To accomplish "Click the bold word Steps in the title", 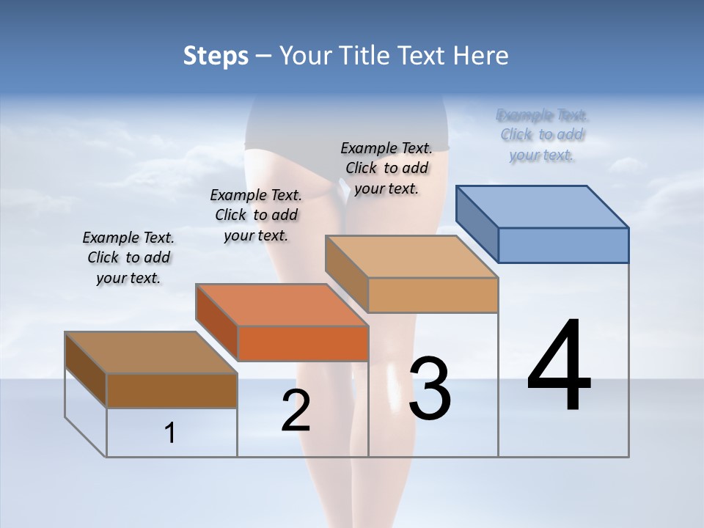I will [x=215, y=56].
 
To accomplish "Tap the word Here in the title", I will [x=480, y=56].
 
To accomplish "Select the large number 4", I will [x=559, y=367].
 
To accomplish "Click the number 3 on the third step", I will [x=430, y=389].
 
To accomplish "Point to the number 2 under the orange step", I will [x=296, y=411].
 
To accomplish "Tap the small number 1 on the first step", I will [x=170, y=433].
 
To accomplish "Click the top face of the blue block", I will [x=543, y=206].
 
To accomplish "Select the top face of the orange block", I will [x=282, y=305].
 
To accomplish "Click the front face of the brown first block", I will [x=172, y=391].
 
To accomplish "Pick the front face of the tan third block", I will [x=433, y=295].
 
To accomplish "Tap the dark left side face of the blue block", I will [x=477, y=224].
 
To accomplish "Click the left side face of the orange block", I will [x=217, y=322].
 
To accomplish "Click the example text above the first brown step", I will [x=128, y=258].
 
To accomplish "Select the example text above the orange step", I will [x=256, y=215].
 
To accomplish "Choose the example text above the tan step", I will [x=386, y=168].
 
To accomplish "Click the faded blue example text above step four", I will [x=542, y=135].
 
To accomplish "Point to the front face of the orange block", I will [x=302, y=343].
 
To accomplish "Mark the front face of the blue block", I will [x=563, y=245].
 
